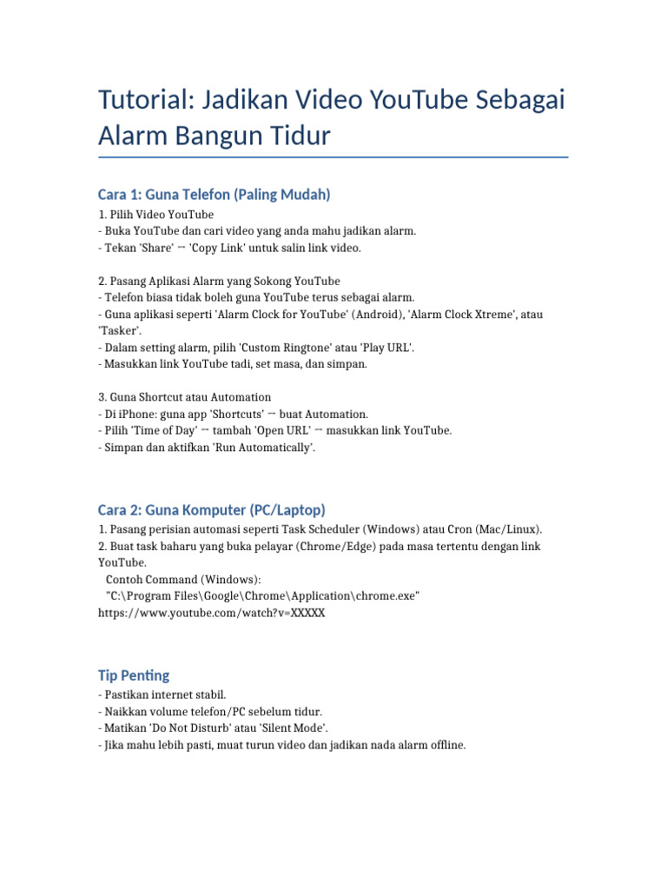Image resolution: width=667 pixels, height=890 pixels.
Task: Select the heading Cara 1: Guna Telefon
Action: pyautogui.click(x=215, y=195)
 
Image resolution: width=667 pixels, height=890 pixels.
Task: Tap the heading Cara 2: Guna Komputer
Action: pyautogui.click(x=212, y=509)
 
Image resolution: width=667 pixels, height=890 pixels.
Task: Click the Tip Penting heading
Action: pyautogui.click(x=134, y=675)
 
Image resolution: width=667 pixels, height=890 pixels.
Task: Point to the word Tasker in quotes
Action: pyautogui.click(x=121, y=330)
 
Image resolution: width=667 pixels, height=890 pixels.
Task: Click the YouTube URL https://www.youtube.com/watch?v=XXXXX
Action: pyautogui.click(x=212, y=613)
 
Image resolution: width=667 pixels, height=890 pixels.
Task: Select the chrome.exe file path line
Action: pyautogui.click(x=262, y=596)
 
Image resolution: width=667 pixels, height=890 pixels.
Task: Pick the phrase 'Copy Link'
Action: pyautogui.click(x=221, y=248)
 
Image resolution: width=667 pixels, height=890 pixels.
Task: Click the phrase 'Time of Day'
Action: pyautogui.click(x=163, y=430)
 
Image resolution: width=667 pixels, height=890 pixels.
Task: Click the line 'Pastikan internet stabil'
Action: pyautogui.click(x=164, y=695)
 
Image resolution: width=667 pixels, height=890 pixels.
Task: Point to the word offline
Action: pyautogui.click(x=445, y=745)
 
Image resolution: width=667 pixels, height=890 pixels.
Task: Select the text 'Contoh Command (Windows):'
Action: pyautogui.click(x=182, y=580)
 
